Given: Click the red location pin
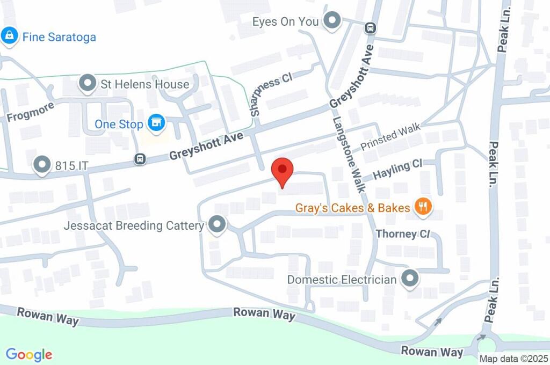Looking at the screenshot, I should pos(283,171).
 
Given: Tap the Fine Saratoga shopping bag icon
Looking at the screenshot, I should pos(9,37).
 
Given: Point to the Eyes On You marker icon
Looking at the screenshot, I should pos(333,21).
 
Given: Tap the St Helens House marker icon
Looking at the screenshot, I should pos(86,84).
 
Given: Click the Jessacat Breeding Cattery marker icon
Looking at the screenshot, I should pos(217,225).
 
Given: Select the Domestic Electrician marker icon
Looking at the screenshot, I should pos(410,279).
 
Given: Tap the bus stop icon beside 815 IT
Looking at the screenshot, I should pos(140,159).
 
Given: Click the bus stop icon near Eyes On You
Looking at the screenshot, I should pos(370,28).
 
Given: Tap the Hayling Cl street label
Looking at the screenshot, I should pos(398,170).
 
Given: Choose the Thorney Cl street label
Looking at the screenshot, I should pos(403,234).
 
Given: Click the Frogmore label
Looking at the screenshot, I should pos(31,111).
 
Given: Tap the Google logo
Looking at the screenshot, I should pos(29,354).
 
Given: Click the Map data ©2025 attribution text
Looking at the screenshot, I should pos(513,358).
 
